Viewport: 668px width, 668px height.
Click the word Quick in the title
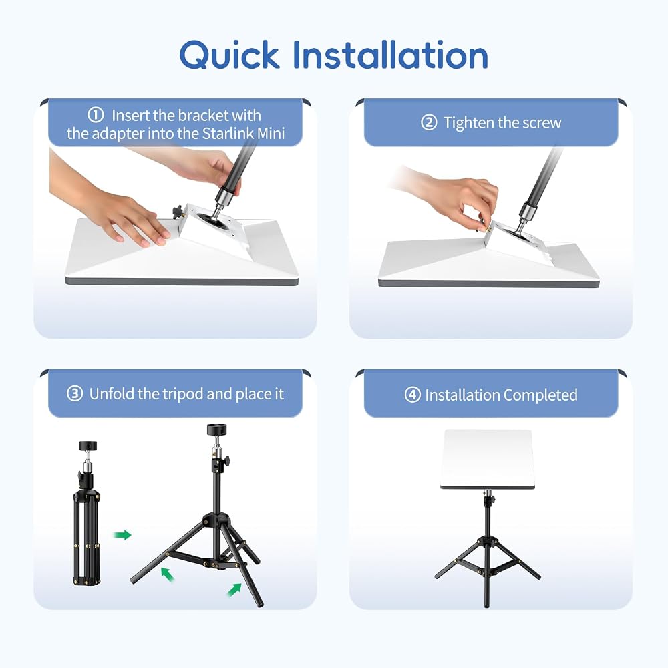pos(229,55)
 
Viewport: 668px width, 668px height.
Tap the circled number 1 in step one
pos(96,115)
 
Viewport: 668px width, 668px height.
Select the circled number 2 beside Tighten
pos(429,122)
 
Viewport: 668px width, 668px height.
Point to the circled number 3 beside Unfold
pos(75,393)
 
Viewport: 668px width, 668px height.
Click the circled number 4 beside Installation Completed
pos(412,395)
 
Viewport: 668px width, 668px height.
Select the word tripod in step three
pos(183,394)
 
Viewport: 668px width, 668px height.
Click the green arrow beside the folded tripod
pos(122,534)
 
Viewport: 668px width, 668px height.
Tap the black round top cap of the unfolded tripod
pos(217,430)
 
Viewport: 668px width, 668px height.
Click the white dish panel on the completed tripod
pos(487,459)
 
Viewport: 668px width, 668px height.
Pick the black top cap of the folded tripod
pos(88,446)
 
